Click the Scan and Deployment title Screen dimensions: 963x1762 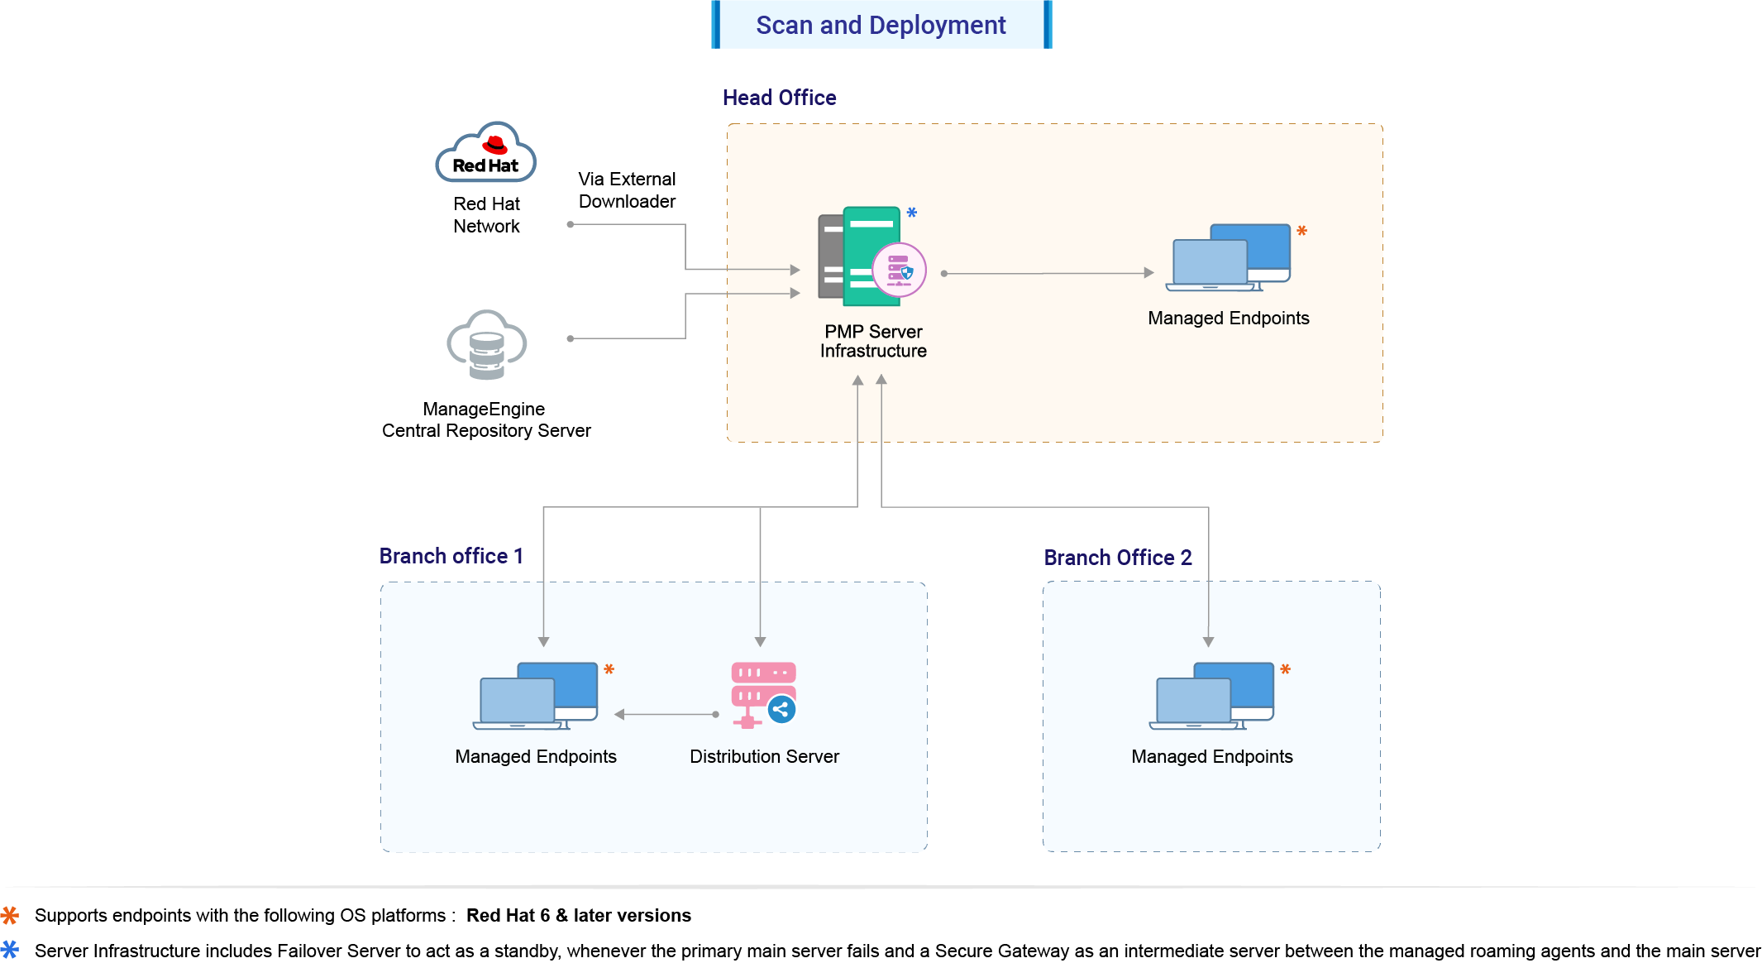(x=881, y=25)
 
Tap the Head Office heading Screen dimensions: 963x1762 (x=779, y=98)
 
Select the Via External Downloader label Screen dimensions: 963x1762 (x=627, y=190)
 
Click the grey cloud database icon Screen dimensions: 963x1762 (x=487, y=344)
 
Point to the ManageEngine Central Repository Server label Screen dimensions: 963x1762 (x=486, y=419)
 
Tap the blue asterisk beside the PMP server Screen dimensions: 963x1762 (x=911, y=213)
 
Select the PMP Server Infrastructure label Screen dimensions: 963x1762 (x=873, y=341)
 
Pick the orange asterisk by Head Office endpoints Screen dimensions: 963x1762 (x=1301, y=231)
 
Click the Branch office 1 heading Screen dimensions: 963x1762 (x=451, y=556)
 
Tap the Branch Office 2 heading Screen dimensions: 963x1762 (x=1117, y=558)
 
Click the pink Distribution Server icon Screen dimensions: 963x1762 (x=762, y=694)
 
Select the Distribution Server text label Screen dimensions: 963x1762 (x=764, y=756)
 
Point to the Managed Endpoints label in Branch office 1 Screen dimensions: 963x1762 (x=536, y=756)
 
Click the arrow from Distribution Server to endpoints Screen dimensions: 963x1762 (x=666, y=714)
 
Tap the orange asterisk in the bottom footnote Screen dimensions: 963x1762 (x=10, y=915)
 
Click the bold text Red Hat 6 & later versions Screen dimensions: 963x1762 (x=578, y=915)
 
